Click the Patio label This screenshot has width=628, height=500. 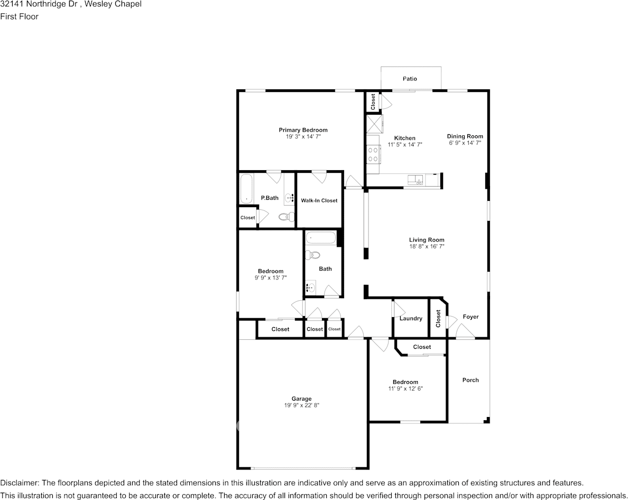(410, 79)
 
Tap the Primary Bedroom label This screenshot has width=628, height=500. (303, 130)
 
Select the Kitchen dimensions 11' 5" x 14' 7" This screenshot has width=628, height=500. (405, 144)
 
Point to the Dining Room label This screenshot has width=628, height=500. (465, 136)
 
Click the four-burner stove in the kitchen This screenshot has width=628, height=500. (373, 154)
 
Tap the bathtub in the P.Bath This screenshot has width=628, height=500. (246, 188)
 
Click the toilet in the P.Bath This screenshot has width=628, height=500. (285, 217)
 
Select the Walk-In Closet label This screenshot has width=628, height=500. (319, 200)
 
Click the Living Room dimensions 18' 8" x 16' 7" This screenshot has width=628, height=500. (427, 247)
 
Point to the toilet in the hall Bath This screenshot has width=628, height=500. (313, 255)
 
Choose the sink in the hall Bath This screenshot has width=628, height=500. (311, 287)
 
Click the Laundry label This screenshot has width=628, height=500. (411, 319)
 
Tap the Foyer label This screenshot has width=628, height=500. (470, 317)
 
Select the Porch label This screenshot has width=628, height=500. (470, 380)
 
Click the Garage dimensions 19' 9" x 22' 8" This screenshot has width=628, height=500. (302, 405)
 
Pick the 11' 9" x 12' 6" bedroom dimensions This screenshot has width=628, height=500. (405, 388)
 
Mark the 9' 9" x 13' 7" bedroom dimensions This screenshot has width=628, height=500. (271, 277)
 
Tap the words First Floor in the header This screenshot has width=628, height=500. (19, 16)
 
